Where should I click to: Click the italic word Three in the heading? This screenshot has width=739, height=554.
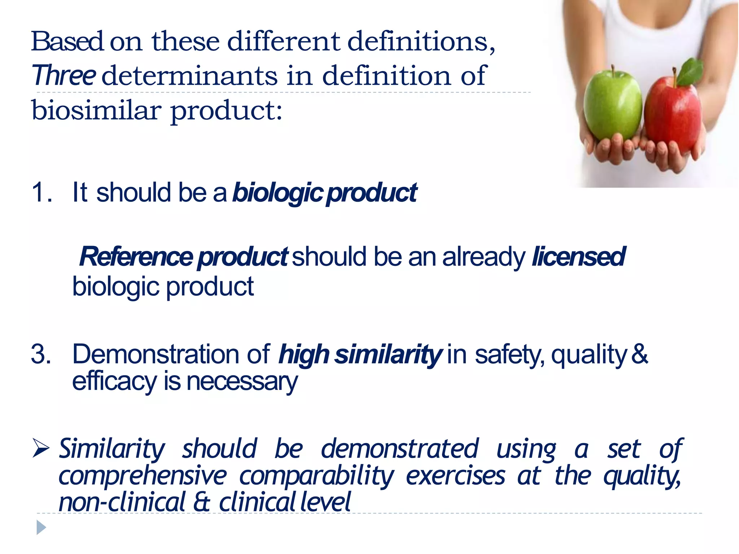(64, 75)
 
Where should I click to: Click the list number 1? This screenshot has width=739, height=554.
(40, 192)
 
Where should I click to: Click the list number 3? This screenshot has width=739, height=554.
(40, 354)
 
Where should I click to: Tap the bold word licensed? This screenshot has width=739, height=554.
(578, 256)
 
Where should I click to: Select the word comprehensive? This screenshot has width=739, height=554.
(142, 476)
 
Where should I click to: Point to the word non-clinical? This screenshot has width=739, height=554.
(122, 502)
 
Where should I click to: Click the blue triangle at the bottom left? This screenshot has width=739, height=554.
(41, 527)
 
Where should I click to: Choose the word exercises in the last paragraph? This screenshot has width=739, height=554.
(455, 476)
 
